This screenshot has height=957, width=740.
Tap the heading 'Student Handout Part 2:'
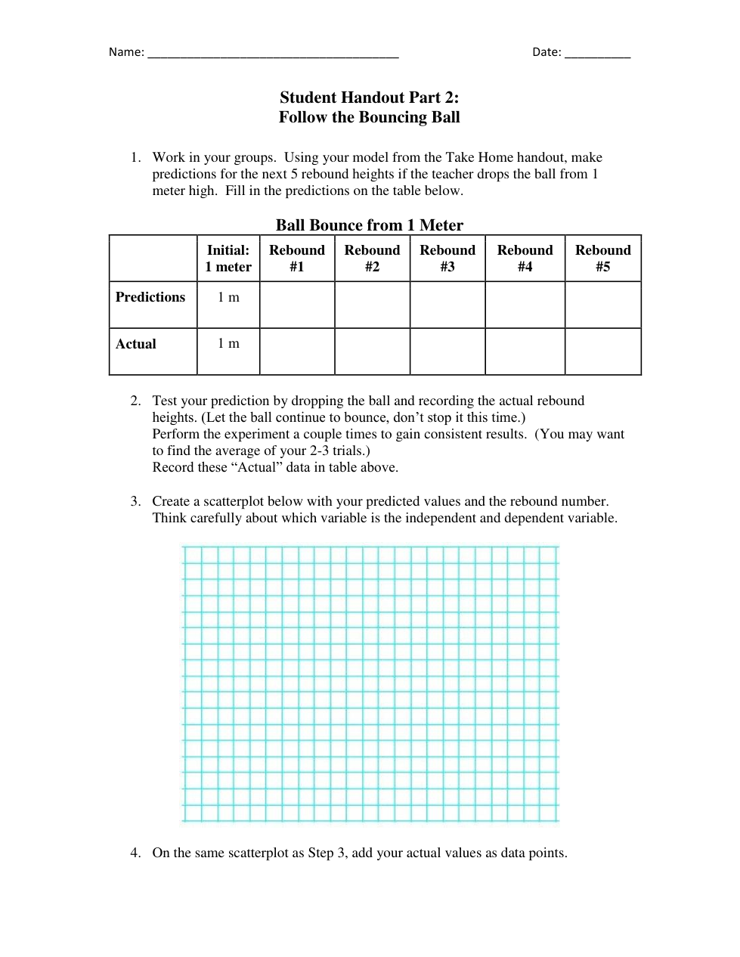tap(369, 98)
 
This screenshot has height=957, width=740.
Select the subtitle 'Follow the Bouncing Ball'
tap(369, 117)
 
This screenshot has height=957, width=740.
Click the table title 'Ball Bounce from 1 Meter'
tap(369, 225)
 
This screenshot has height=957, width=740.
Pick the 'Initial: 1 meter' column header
tap(228, 259)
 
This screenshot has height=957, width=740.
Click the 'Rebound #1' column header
tap(297, 259)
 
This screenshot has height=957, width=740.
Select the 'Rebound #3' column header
tap(447, 259)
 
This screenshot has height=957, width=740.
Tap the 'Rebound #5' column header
tap(602, 259)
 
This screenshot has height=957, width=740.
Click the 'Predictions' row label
tap(150, 297)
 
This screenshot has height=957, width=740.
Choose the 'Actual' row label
tap(136, 344)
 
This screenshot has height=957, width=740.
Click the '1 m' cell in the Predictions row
tap(228, 298)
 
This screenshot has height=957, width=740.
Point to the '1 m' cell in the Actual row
tap(228, 344)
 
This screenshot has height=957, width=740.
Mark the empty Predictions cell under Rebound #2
tap(372, 305)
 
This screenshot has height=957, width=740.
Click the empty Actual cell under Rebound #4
tap(525, 352)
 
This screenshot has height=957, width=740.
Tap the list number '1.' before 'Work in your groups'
tap(135, 157)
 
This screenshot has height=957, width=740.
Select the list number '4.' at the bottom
tap(135, 853)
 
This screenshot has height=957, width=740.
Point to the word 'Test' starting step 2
tap(165, 401)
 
